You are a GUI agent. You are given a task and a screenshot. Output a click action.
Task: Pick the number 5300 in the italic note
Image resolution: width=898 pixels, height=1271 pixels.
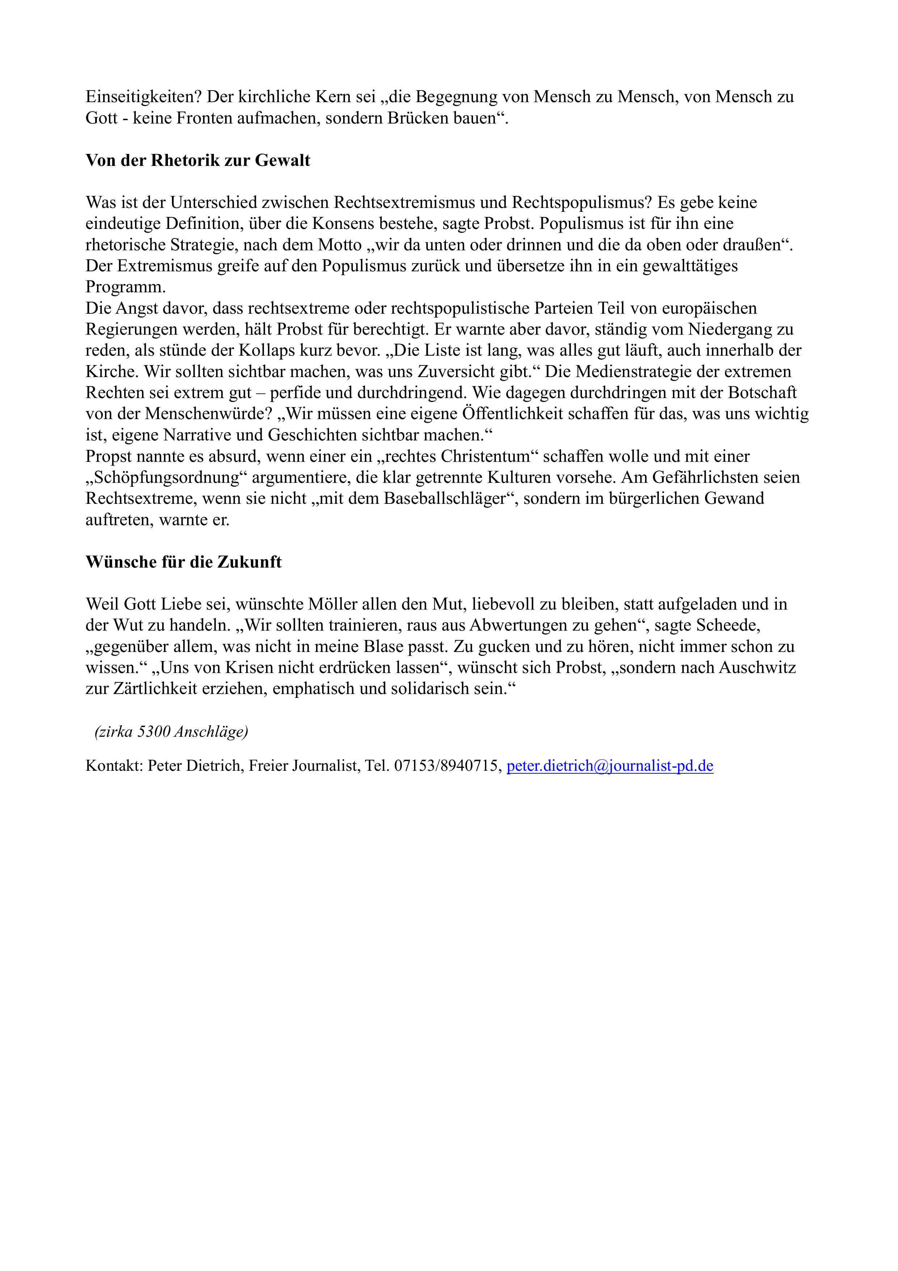click(x=153, y=732)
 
